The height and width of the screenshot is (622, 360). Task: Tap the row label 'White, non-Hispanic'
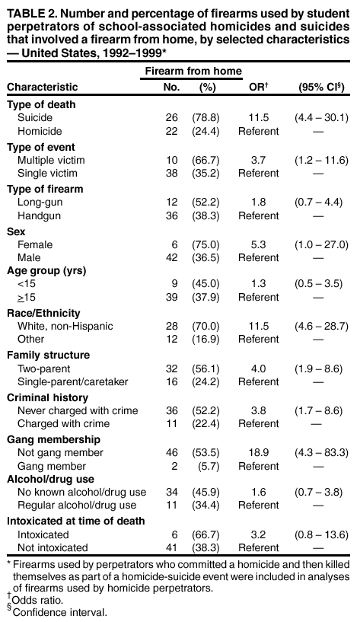click(65, 327)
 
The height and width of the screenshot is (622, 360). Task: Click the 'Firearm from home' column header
click(193, 71)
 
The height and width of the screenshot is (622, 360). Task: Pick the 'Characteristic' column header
click(43, 88)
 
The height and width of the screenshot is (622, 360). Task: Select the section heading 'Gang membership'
click(51, 439)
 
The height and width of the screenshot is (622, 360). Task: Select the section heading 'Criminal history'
click(47, 397)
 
